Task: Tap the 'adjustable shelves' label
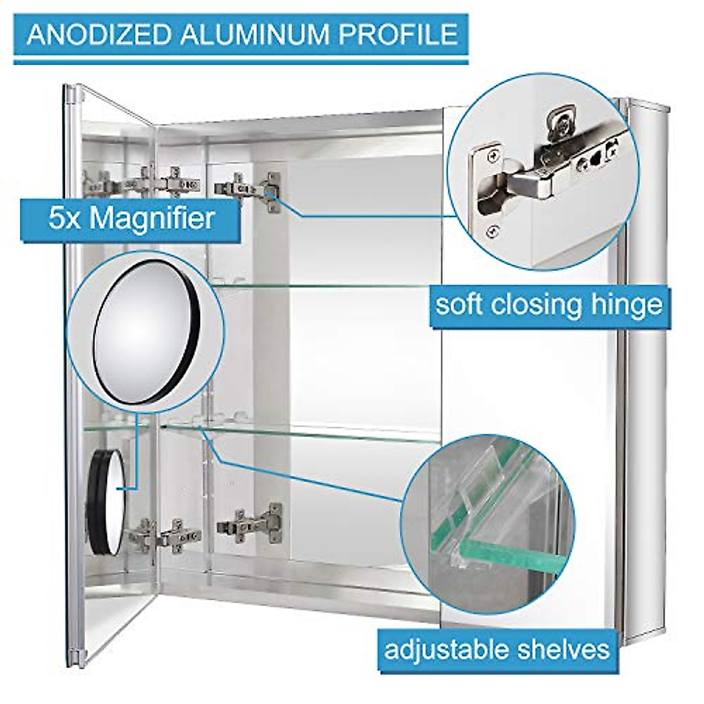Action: (x=496, y=649)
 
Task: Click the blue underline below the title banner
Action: (x=241, y=60)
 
